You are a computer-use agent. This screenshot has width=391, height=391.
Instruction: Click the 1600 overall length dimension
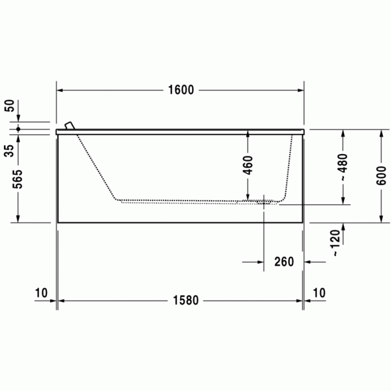181,90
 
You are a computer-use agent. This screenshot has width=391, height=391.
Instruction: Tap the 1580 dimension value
186,301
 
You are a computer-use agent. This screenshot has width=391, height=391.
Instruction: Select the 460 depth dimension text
247,165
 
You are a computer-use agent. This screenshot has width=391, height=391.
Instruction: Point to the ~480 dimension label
343,167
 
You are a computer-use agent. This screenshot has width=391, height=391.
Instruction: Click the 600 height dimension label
381,175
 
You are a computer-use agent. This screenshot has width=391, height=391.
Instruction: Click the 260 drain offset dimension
284,262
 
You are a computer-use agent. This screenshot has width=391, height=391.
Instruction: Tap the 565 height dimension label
18,179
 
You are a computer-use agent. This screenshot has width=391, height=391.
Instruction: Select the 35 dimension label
9,151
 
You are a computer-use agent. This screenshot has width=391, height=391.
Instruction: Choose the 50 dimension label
9,106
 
